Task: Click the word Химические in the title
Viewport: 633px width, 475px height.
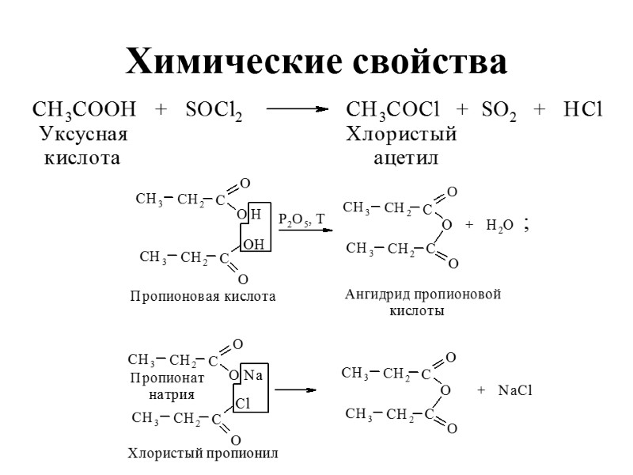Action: [225, 62]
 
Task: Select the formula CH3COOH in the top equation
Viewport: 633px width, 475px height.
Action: [84, 110]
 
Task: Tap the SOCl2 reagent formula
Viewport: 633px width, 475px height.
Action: [214, 111]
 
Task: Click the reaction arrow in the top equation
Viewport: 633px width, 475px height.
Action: [298, 111]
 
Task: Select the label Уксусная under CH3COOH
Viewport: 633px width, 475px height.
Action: [83, 135]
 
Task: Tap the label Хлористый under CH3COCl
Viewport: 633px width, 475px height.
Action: [402, 135]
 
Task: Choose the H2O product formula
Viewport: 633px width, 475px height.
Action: [500, 226]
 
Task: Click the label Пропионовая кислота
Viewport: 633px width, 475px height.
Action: [203, 297]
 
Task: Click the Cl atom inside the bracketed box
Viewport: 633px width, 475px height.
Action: [244, 404]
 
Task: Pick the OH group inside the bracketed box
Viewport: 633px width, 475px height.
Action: [253, 245]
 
